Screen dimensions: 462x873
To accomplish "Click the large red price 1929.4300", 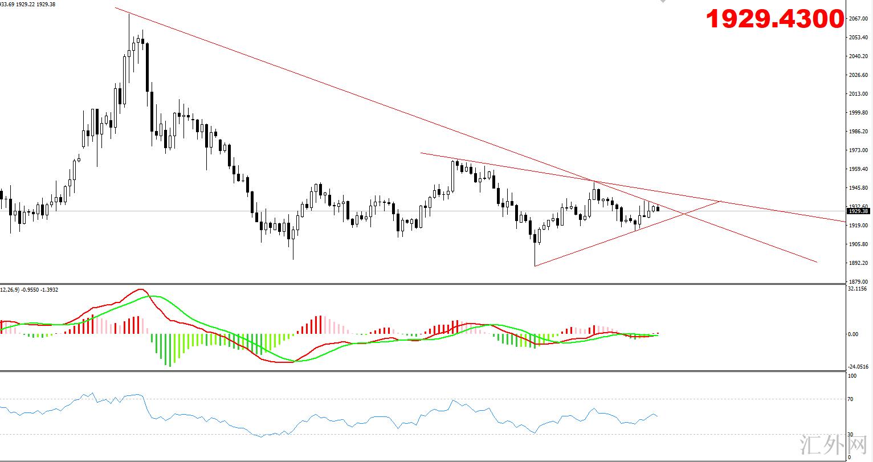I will click(x=774, y=19).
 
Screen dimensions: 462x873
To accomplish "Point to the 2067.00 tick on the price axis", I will click(x=858, y=19).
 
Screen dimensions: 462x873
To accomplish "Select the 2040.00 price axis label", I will click(x=858, y=56).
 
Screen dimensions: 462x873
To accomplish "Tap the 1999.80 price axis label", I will click(x=858, y=113).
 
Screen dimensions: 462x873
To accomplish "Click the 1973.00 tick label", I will click(x=858, y=150).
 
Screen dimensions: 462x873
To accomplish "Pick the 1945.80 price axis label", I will click(x=858, y=188).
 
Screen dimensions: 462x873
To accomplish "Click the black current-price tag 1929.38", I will click(x=858, y=211).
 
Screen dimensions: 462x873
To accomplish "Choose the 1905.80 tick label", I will click(x=858, y=244).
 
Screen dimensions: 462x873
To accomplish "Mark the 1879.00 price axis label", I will click(x=858, y=281).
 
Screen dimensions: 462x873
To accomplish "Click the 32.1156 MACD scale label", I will click(x=858, y=289).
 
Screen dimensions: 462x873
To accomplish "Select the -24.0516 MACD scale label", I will click(x=858, y=367).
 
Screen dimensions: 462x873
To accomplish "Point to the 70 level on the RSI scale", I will click(x=851, y=399).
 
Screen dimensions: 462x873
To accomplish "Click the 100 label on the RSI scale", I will click(x=852, y=376).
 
